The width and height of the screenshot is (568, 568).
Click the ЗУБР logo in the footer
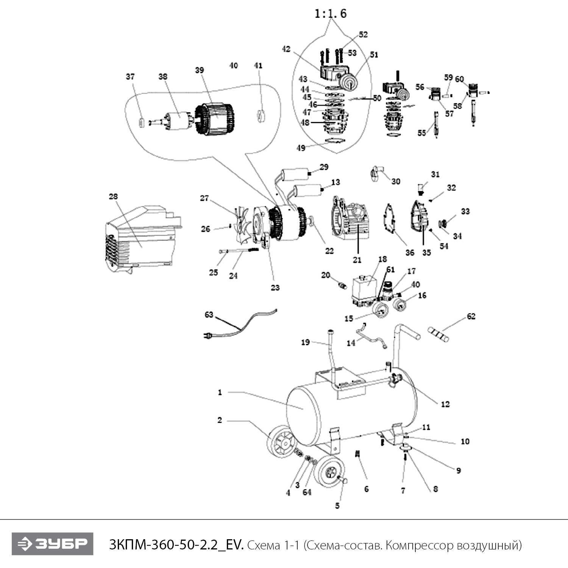tap(52, 544)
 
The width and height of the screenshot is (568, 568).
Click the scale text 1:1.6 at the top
tap(330, 14)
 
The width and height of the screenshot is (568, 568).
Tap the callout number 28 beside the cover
tap(113, 197)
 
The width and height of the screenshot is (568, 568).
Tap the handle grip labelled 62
tap(438, 334)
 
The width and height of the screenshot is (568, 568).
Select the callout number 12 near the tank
tap(445, 404)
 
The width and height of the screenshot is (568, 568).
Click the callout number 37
tap(130, 77)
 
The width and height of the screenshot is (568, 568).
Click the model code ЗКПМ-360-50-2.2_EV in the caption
tap(176, 545)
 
